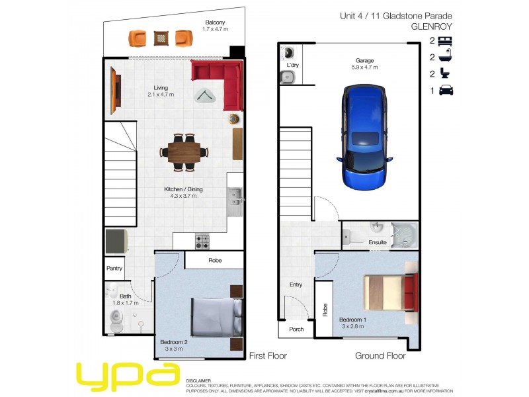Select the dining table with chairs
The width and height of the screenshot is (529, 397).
183,151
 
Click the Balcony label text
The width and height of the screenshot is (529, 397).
215,22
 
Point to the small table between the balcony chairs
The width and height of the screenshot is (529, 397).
161,38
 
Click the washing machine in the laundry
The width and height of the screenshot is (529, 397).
290,54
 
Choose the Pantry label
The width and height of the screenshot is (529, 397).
114,269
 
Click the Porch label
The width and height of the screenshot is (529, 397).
296,329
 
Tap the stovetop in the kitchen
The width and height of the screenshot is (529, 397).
202,242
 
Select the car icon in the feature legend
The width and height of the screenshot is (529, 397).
446,91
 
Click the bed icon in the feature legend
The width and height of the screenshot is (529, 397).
446,41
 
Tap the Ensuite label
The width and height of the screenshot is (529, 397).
378,242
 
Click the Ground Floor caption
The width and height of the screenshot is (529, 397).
380,356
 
